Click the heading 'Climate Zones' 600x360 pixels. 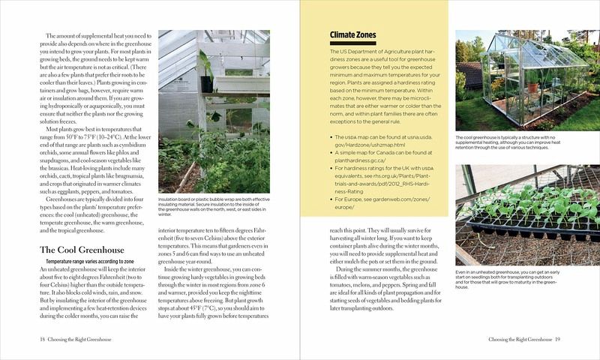click(354, 34)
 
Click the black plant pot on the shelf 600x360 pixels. click(206, 82)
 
